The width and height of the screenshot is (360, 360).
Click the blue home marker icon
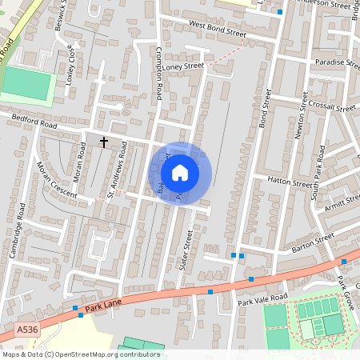point(180,173)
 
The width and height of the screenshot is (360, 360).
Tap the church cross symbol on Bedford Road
point(103,142)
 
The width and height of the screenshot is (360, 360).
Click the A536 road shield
point(26,328)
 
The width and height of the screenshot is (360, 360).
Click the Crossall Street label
point(334,107)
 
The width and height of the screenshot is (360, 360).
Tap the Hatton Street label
point(289,183)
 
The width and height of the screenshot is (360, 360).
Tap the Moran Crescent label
point(55,181)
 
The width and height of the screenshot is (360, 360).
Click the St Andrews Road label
point(118,170)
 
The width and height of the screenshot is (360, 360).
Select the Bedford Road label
point(34,122)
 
